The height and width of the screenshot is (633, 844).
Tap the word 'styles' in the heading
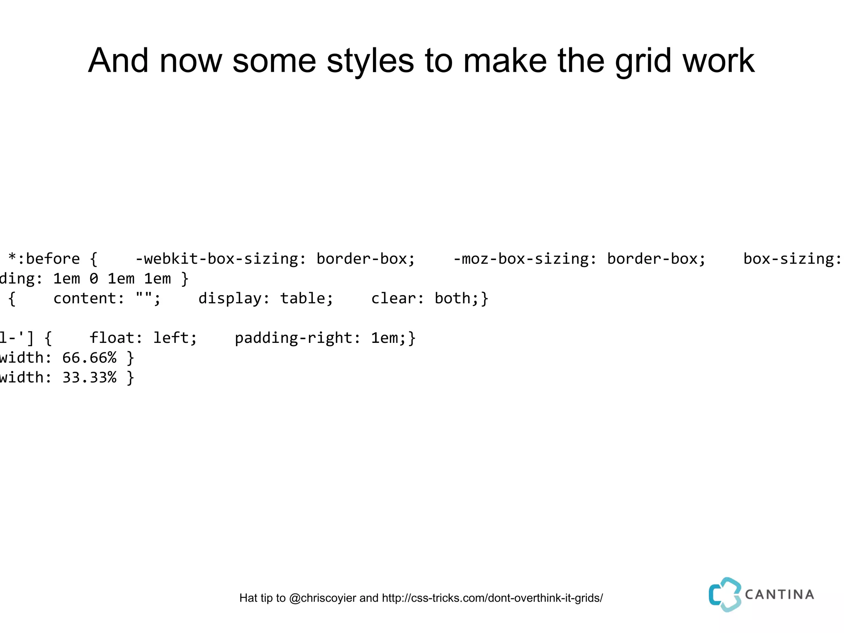pos(370,61)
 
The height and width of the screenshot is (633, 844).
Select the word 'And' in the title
pos(118,61)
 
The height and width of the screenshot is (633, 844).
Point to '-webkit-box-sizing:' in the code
pos(221,259)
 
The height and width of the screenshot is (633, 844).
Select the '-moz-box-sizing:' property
pos(525,259)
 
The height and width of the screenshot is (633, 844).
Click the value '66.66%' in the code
pos(89,358)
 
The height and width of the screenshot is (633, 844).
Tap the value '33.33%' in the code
pos(89,377)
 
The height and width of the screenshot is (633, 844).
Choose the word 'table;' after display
pos(307,298)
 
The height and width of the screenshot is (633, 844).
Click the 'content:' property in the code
pos(89,298)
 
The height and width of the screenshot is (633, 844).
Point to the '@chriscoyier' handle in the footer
pos(323,598)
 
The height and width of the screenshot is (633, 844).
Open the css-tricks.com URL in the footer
pos(492,598)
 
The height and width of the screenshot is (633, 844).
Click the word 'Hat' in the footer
pos(249,598)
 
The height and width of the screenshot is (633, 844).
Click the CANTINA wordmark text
pos(779,594)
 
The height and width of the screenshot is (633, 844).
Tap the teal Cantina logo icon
pos(724,594)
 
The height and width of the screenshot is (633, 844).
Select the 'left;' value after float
pos(175,338)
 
